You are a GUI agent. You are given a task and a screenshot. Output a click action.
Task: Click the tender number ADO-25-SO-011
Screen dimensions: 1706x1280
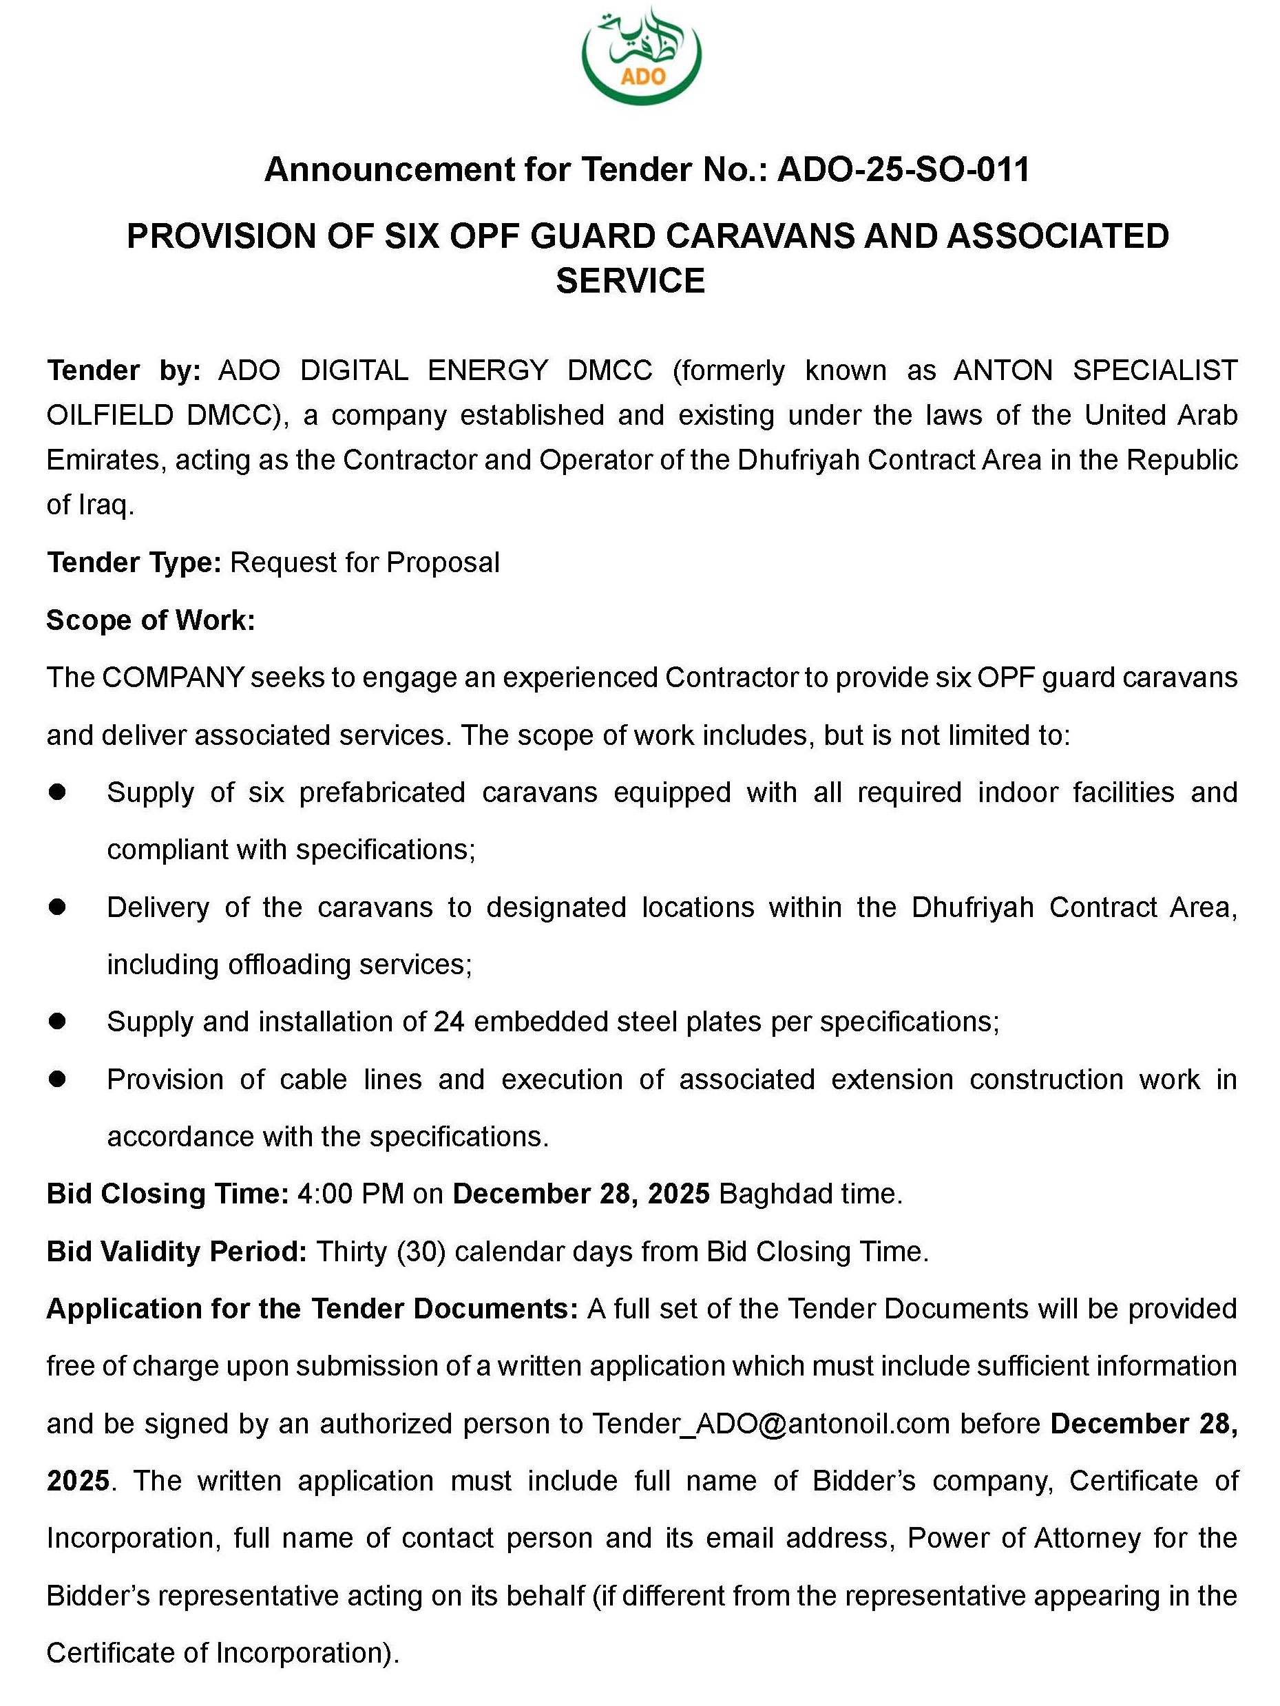903,169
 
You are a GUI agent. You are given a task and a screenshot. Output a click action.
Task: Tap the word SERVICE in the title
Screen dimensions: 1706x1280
630,281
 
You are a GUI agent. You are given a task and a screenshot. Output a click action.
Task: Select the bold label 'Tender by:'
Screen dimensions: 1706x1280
123,371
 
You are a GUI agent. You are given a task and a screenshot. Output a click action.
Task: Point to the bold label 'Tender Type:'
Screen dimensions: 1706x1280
134,563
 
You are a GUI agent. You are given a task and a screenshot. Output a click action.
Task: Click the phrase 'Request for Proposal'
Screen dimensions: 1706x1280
365,563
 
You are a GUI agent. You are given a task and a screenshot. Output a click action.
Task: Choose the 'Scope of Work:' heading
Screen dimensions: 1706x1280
151,620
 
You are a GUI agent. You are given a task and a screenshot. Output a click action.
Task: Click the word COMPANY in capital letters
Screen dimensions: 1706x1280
173,678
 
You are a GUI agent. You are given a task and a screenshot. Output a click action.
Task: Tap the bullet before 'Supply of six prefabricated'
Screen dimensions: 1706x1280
57,792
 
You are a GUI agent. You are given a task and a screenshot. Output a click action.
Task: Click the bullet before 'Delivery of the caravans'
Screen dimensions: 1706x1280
57,907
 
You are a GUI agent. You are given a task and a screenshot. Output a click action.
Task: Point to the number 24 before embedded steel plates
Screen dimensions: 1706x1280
449,1022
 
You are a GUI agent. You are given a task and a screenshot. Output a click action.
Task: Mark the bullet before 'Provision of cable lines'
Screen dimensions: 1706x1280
57,1079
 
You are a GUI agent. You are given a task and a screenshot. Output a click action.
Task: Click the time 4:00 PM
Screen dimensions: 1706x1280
350,1194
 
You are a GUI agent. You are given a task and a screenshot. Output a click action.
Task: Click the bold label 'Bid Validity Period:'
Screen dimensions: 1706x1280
177,1251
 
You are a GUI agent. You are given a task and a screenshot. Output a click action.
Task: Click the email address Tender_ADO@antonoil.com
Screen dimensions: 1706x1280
770,1424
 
